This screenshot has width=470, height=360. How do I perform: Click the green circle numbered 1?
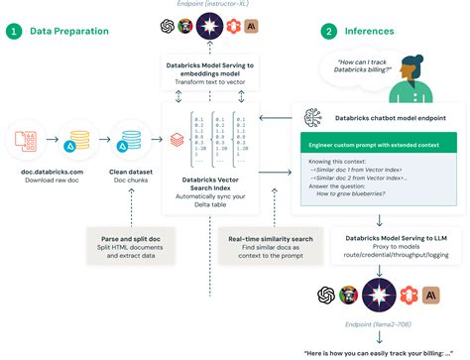[14, 31]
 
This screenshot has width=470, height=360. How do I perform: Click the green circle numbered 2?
[328, 31]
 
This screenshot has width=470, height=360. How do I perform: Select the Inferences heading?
[371, 31]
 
